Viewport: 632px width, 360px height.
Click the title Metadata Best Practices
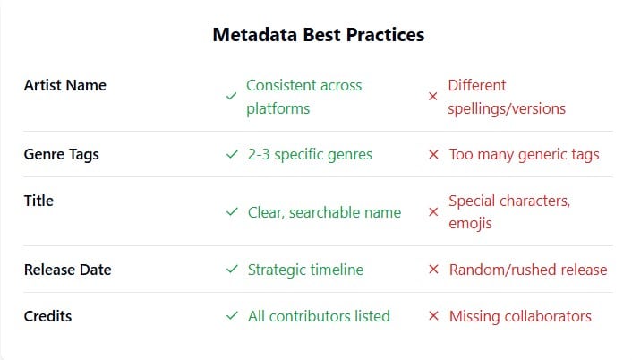point(318,35)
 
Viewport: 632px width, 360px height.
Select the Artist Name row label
point(64,85)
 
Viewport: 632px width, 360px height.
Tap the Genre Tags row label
point(61,154)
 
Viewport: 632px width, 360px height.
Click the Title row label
point(38,201)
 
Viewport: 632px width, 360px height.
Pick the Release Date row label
point(67,270)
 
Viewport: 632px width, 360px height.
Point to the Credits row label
point(47,316)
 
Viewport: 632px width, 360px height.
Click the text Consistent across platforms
point(303,97)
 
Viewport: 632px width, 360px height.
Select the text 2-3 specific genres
point(310,154)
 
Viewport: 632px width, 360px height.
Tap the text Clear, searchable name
point(324,212)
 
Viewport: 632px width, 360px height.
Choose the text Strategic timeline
point(305,270)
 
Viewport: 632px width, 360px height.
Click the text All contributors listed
point(319,316)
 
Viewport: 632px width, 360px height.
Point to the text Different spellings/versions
point(506,97)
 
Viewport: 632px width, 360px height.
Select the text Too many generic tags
point(524,154)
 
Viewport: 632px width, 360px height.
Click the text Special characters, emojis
point(508,212)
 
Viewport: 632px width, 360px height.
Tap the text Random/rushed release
point(527,270)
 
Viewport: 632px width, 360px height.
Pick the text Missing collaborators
point(520,316)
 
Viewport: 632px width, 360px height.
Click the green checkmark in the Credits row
point(233,316)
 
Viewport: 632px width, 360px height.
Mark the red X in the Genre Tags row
point(433,154)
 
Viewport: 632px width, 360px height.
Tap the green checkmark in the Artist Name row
point(231,97)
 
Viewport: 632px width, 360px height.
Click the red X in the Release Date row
point(433,270)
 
